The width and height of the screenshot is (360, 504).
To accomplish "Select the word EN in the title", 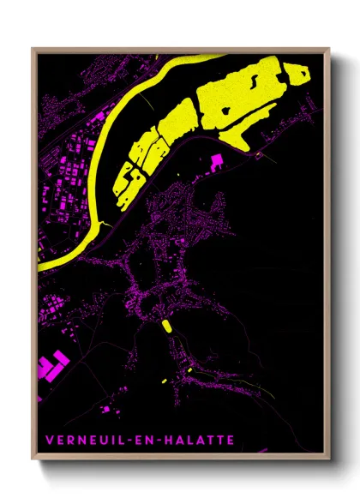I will [x=138, y=440].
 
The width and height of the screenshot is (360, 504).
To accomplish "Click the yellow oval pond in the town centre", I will [x=164, y=325].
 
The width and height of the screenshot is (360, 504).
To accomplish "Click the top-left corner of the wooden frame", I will [x=33, y=49].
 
